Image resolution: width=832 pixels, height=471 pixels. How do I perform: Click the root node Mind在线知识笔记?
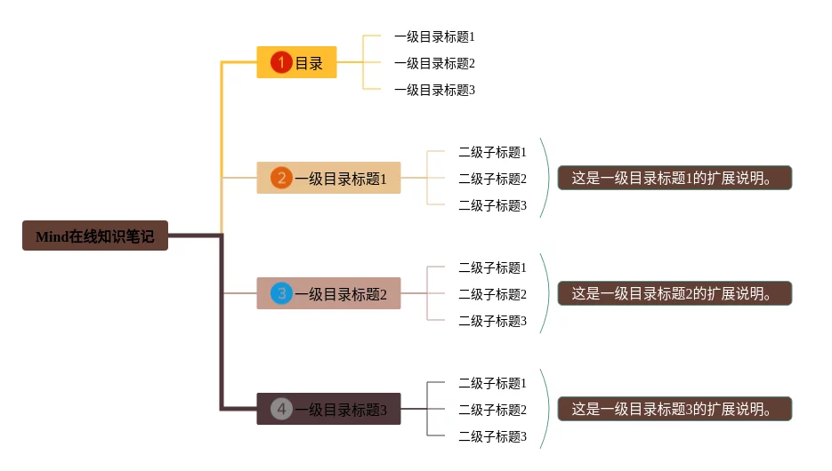(95, 235)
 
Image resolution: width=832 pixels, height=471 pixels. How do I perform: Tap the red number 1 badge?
(281, 62)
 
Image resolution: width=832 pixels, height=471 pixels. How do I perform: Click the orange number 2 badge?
(281, 178)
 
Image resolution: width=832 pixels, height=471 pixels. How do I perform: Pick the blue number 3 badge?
(281, 293)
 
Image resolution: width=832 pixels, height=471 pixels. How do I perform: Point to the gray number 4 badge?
(281, 409)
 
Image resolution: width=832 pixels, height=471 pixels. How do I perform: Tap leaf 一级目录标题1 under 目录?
(434, 36)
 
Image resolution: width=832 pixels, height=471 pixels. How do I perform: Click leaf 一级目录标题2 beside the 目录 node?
(434, 63)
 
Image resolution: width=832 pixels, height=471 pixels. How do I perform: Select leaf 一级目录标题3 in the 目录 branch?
(434, 90)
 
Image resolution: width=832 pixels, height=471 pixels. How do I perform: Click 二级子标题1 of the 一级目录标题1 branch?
(492, 152)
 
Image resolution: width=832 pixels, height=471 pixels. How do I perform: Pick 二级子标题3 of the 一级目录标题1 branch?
(492, 205)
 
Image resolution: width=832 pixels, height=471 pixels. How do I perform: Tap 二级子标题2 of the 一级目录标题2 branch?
(492, 294)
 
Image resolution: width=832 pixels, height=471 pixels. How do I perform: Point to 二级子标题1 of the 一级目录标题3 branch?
(492, 383)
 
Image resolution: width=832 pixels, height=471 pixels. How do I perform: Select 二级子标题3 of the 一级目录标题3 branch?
(492, 436)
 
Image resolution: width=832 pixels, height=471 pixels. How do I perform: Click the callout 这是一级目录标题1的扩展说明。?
(674, 178)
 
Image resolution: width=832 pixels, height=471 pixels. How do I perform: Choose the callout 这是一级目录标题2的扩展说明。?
(674, 293)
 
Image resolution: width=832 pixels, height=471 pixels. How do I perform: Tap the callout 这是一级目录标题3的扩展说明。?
(674, 409)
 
